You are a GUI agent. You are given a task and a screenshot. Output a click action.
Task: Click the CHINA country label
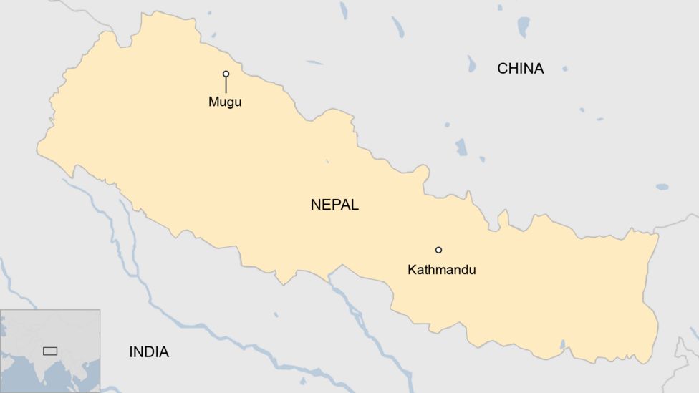521,69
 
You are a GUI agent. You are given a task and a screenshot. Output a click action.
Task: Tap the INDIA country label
149,352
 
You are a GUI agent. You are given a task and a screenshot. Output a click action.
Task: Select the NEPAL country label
334,205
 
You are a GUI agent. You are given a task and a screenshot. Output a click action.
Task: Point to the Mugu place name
225,102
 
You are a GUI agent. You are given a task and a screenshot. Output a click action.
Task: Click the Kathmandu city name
441,271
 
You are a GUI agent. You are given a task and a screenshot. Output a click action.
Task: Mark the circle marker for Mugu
226,74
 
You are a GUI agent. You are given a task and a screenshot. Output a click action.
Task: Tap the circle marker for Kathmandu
438,250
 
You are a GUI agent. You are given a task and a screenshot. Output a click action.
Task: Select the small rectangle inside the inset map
50,351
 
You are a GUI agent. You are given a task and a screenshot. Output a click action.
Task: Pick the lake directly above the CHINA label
524,26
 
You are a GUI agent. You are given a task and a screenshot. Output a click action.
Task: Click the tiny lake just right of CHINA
565,69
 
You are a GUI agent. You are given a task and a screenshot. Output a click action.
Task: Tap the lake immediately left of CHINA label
471,64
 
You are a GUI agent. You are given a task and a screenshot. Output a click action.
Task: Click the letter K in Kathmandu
412,271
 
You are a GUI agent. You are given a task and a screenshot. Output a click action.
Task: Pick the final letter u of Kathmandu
471,271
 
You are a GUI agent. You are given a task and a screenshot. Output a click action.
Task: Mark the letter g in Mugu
230,103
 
